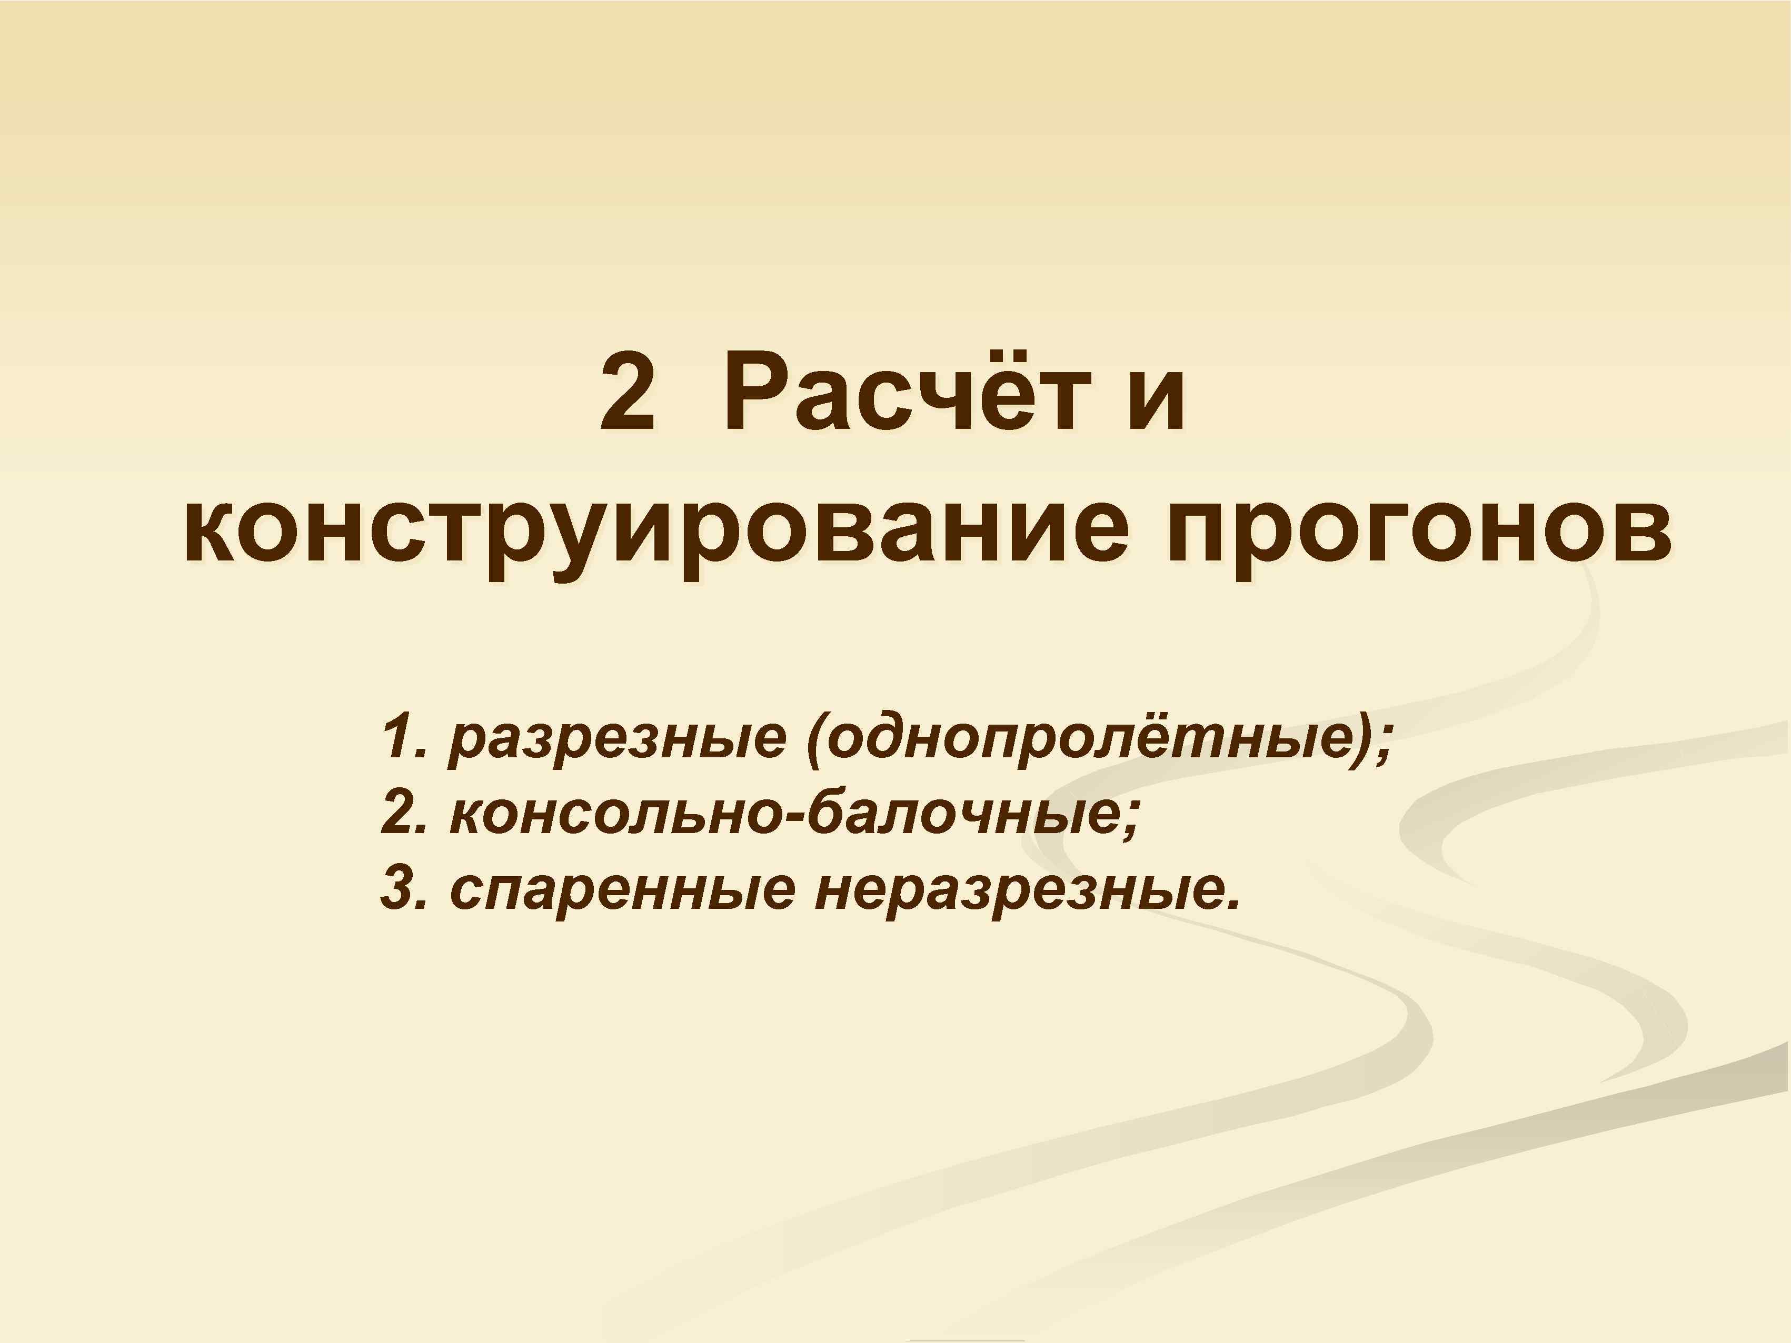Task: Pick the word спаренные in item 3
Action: tap(623, 890)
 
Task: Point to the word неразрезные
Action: tap(1020, 890)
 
